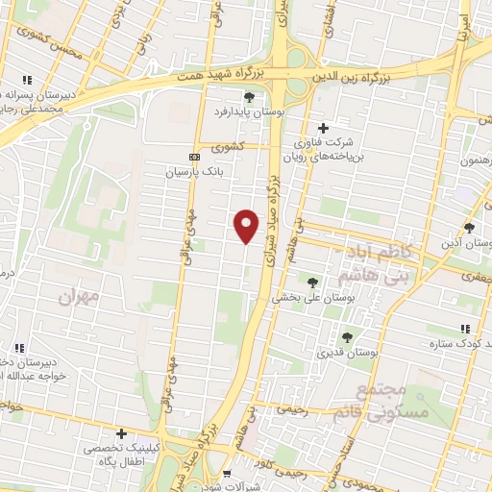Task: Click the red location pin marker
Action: tap(247, 225)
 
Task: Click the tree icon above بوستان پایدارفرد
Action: tap(250, 97)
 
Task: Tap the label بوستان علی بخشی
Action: tap(309, 298)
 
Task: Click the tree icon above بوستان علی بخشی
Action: tap(310, 282)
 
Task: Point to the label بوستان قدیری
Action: tap(348, 353)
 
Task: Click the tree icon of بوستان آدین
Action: tap(468, 228)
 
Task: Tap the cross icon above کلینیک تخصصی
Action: tap(120, 433)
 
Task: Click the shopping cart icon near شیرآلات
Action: tap(227, 474)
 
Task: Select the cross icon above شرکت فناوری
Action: tap(322, 128)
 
